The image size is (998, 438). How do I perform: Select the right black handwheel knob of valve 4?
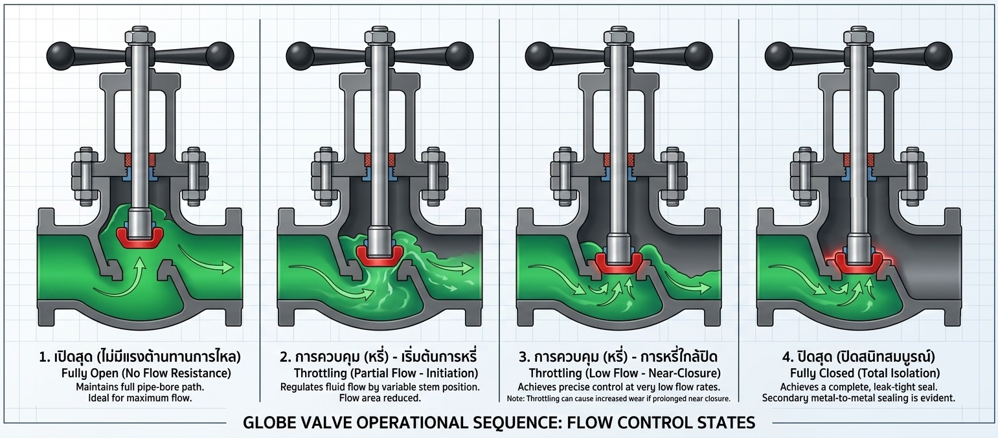pyautogui.click(x=939, y=56)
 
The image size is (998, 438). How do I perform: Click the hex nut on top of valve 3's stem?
pyautogui.click(x=619, y=36)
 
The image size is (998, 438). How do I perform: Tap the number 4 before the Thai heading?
pyautogui.click(x=786, y=357)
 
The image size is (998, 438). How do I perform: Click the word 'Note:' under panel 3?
pyautogui.click(x=516, y=399)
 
